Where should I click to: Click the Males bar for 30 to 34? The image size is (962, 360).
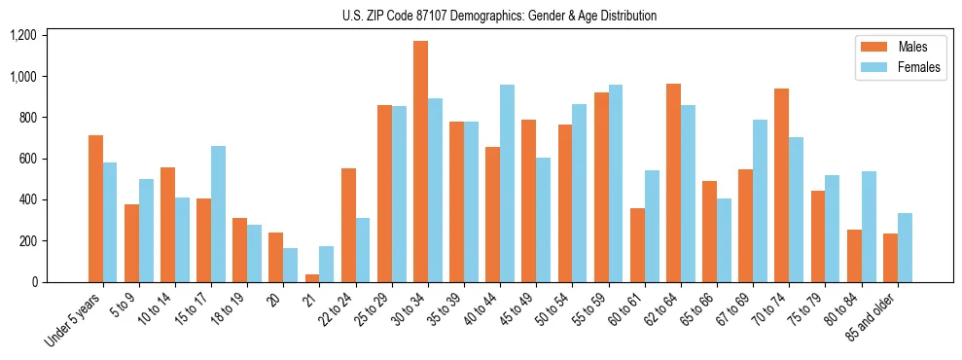[420, 162]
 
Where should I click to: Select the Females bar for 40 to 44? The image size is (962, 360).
[507, 184]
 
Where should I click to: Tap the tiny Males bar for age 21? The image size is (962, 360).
[312, 278]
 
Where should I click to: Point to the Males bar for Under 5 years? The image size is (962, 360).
[95, 208]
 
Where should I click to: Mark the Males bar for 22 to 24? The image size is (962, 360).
[348, 225]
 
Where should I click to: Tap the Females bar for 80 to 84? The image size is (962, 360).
[869, 227]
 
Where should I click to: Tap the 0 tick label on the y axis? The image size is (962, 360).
[35, 282]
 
